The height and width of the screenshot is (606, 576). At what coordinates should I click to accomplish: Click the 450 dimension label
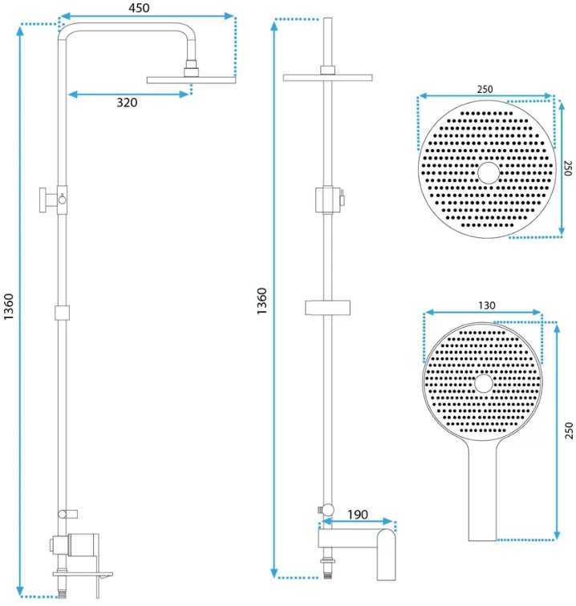139,8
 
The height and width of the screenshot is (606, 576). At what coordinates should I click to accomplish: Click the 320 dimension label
127,103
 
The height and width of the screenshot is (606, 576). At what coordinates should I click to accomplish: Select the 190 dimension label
357,515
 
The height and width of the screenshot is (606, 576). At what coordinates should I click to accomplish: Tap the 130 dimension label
486,305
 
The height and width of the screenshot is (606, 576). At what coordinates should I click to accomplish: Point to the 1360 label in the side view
9,306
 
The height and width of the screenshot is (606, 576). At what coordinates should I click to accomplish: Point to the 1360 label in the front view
262,301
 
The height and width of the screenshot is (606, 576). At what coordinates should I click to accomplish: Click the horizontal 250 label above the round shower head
485,89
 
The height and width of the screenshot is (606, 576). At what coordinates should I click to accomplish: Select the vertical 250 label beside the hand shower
569,430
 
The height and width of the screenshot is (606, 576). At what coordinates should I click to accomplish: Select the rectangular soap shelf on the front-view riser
327,307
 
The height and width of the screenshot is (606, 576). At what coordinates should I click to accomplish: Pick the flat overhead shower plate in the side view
191,80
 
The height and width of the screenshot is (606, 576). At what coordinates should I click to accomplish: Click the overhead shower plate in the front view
327,78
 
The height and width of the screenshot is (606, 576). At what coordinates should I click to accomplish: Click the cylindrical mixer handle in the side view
83,544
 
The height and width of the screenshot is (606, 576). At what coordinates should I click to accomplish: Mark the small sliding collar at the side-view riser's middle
62,313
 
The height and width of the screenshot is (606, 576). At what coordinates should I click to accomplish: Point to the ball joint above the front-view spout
328,510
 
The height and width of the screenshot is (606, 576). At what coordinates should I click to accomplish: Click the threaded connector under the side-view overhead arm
191,68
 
